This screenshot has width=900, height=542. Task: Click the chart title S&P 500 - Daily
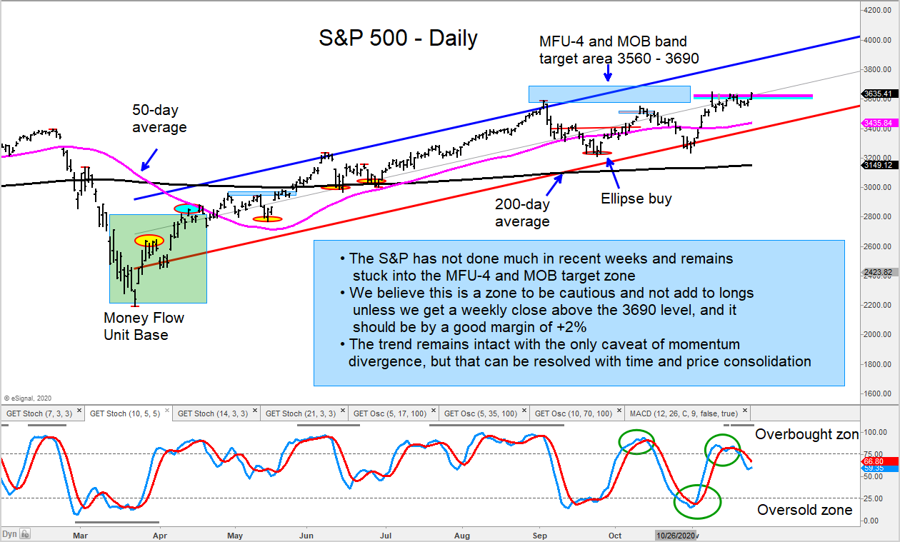coord(398,38)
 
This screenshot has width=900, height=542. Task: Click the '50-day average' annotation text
coord(159,119)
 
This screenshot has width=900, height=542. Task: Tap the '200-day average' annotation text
coord(522,213)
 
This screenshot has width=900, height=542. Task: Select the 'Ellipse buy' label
coord(636,199)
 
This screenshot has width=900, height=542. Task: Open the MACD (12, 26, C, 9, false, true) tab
coord(684,413)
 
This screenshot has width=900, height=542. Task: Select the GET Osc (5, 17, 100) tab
coord(389,413)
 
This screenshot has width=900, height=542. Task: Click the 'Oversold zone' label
coord(804,510)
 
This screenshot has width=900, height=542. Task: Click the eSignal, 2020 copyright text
coord(29,398)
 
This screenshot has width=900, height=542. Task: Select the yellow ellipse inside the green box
coord(150,241)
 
